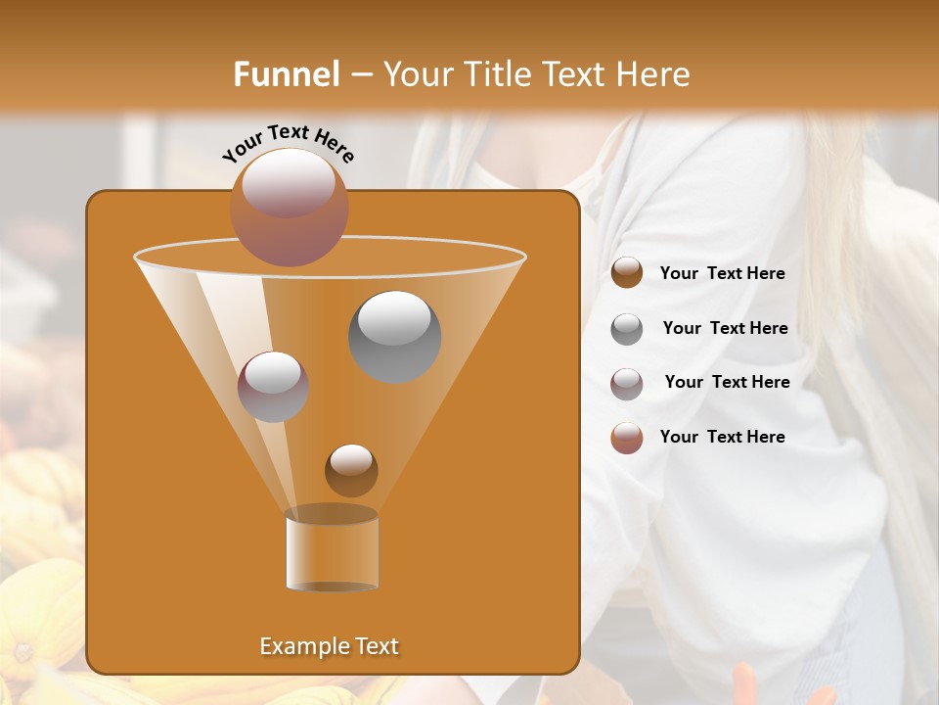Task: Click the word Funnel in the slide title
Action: click(x=287, y=74)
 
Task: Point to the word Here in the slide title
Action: click(x=654, y=74)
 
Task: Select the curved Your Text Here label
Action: click(x=288, y=143)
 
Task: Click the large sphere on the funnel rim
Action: click(x=289, y=207)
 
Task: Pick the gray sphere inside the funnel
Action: click(x=394, y=336)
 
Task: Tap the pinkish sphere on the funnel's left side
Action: click(x=273, y=386)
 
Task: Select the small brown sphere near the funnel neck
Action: click(x=351, y=470)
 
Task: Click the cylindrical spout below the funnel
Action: click(x=332, y=550)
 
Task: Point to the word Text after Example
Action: click(x=375, y=646)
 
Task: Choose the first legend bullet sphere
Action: click(x=627, y=273)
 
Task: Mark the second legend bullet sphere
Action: click(x=627, y=329)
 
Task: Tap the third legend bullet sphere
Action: click(x=627, y=383)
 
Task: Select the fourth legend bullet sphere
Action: click(x=627, y=438)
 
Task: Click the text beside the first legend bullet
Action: click(x=722, y=274)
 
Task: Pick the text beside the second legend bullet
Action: click(x=725, y=328)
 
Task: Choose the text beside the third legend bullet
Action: click(x=727, y=382)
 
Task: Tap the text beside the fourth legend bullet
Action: click(x=722, y=437)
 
